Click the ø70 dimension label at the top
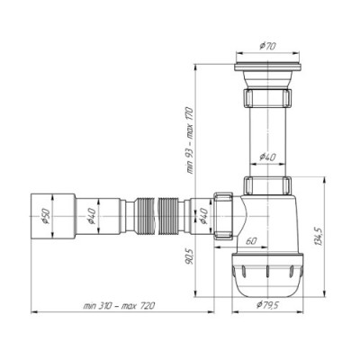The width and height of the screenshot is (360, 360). (x=267, y=46)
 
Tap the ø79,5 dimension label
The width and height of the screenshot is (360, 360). (x=268, y=305)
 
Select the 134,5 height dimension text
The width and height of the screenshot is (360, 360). (x=319, y=237)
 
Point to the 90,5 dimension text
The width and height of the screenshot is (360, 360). (x=189, y=256)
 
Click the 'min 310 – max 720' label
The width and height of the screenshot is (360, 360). (x=119, y=306)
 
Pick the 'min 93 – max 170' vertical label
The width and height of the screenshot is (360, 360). (x=191, y=140)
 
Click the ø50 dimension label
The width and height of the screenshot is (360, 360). (x=46, y=216)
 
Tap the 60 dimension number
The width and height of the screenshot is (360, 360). (x=251, y=241)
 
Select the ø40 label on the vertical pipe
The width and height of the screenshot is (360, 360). (x=267, y=157)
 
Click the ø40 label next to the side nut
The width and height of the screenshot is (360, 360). (x=203, y=216)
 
